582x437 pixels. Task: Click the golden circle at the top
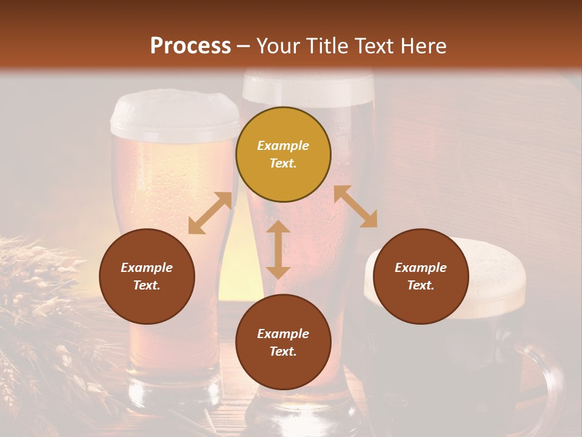coord(283,155)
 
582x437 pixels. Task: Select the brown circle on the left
coord(147,276)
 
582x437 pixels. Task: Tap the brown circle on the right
coord(421,276)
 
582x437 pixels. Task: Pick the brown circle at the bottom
coord(283,342)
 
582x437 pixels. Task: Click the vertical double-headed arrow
coord(278,250)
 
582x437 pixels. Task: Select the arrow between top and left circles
coord(210,213)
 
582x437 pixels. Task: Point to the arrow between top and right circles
coord(355,206)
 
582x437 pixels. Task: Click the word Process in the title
coord(190,46)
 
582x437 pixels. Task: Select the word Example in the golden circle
coord(283,146)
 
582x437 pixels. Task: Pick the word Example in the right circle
coord(421,268)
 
